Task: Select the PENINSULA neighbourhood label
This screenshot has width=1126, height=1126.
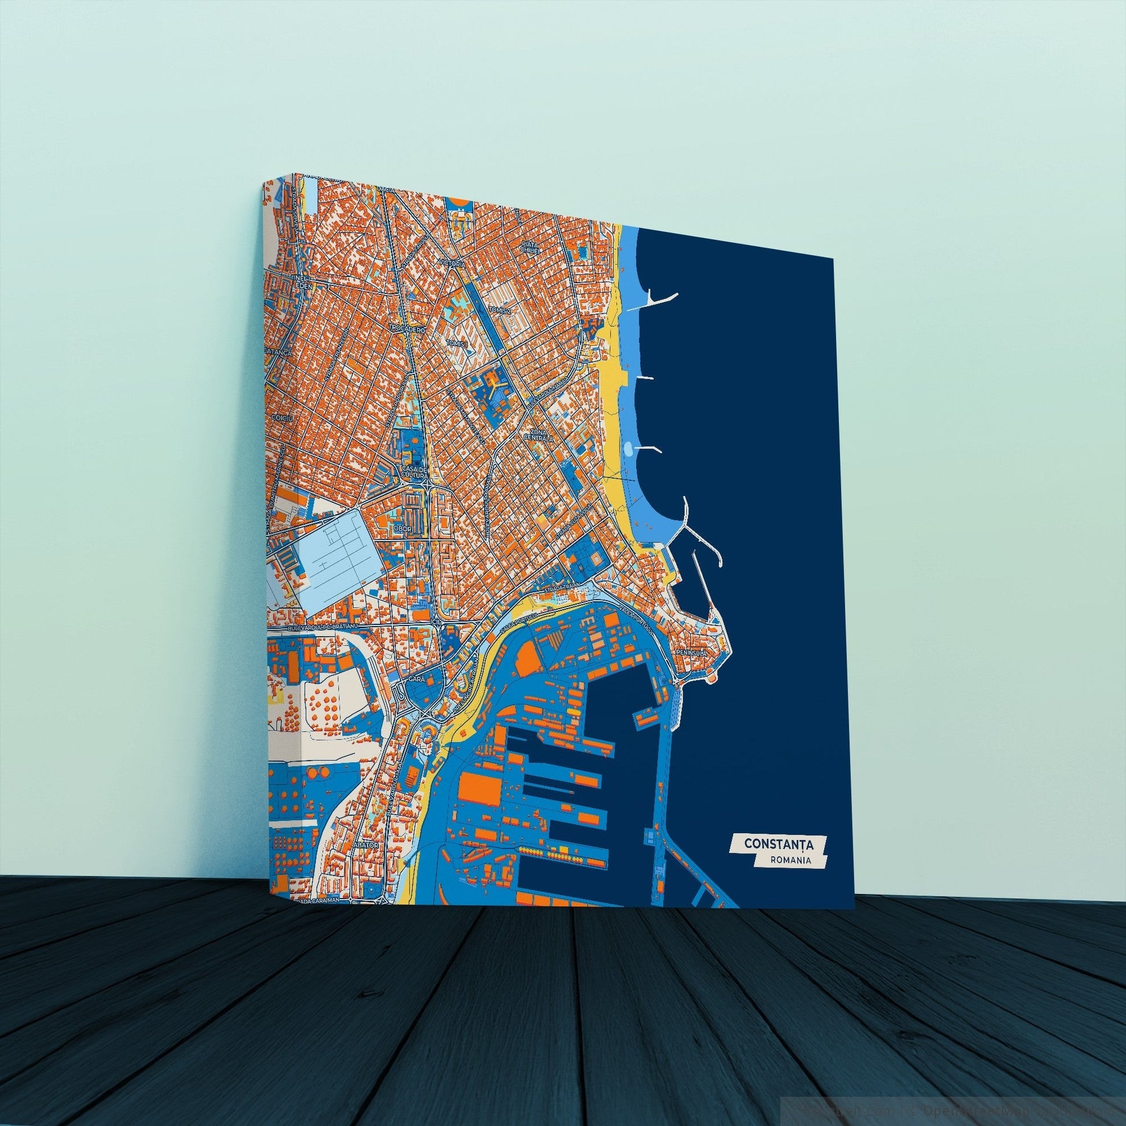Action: point(691,653)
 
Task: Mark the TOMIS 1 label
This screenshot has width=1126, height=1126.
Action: point(458,344)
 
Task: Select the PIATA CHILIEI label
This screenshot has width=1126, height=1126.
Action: point(532,246)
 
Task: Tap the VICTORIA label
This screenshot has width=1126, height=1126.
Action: point(454,264)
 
